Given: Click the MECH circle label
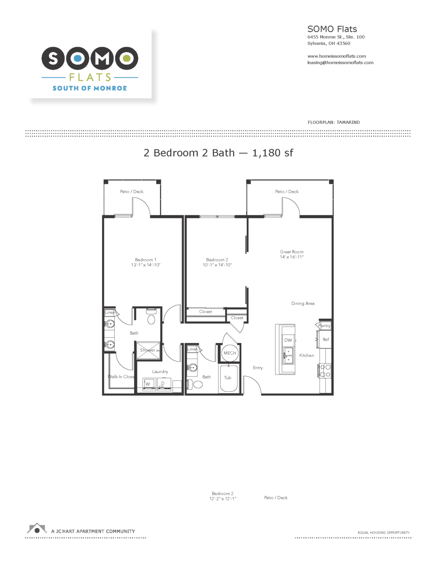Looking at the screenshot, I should pos(230,353).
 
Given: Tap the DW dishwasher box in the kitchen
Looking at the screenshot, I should pos(288,340).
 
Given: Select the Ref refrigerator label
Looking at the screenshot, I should pos(326,340).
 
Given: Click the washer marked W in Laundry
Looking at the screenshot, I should pos(148,384).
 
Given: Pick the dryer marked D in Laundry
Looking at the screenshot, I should pos(163,384).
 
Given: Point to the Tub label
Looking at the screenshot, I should pos(228,378).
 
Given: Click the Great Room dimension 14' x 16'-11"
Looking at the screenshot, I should pos(292,257).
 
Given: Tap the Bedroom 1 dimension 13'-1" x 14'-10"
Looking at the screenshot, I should pos(146,265).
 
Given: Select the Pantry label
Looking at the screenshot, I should pos(324,326).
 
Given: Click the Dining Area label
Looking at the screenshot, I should pos(303,304).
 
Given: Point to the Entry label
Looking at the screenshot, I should pos(258,368).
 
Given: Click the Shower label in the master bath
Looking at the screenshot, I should pos(148,350).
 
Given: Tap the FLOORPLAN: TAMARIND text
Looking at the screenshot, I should pos(334,122).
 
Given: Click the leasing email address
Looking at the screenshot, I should pos(340,62).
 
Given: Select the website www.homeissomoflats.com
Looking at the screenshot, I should pos(336,56).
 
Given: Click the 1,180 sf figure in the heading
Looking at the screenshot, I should pos(272,153).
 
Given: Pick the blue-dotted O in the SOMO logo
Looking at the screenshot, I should pos(77,58).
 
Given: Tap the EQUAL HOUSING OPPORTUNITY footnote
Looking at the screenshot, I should pos(384,533).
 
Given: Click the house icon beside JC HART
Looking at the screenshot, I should pos(37,529).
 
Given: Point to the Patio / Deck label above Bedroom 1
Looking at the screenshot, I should pos(132,192).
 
